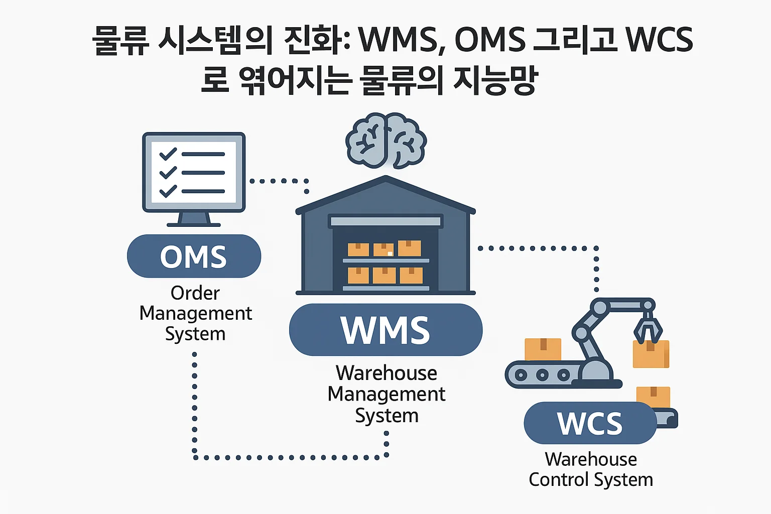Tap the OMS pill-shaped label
(x=194, y=256)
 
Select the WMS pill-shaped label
(x=385, y=330)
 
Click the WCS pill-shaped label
(x=590, y=423)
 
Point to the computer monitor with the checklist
(x=194, y=173)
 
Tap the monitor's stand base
(x=194, y=223)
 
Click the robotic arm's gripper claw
(x=648, y=329)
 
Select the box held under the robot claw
(x=651, y=354)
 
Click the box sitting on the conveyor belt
(x=543, y=349)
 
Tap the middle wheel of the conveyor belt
(x=542, y=375)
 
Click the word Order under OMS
(x=195, y=293)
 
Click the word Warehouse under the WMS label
(x=387, y=373)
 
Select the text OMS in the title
(x=490, y=40)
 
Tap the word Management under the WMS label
(x=387, y=395)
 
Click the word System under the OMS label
(x=195, y=334)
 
